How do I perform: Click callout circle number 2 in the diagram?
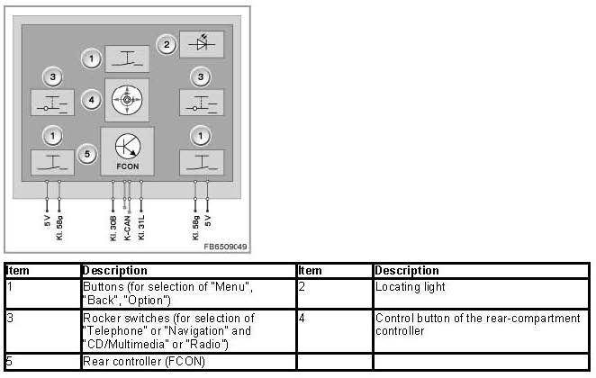(x=167, y=43)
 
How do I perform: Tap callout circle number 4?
(x=91, y=100)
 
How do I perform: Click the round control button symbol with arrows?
(x=127, y=101)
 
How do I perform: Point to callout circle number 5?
(x=86, y=154)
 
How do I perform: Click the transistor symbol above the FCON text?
(x=127, y=146)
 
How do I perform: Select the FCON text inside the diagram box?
(x=127, y=167)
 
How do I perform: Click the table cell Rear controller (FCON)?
(x=144, y=361)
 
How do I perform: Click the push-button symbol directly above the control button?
(x=127, y=59)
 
